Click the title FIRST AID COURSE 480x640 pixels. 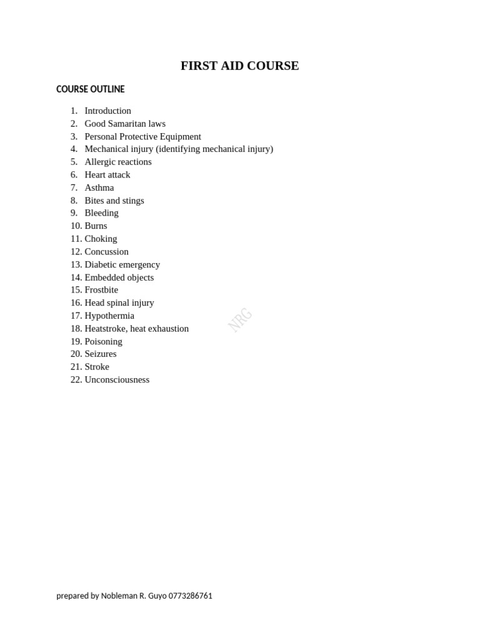point(239,66)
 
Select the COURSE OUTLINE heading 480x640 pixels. point(90,89)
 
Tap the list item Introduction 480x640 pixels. point(107,111)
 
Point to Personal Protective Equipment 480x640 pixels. point(142,136)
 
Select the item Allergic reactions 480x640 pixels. point(118,162)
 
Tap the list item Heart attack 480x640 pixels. point(107,175)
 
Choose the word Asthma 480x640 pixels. point(99,187)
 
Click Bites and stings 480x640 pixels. point(114,201)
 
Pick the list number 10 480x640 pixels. point(76,226)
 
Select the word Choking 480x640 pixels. point(101,239)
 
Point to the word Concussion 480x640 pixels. point(106,252)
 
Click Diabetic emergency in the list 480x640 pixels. point(122,264)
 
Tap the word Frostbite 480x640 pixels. point(101,290)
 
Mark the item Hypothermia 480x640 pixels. point(109,316)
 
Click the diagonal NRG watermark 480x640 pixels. point(240,319)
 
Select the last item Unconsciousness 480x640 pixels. point(117,379)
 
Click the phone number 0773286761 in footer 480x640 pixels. point(190,596)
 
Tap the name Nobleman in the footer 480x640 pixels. point(119,596)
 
